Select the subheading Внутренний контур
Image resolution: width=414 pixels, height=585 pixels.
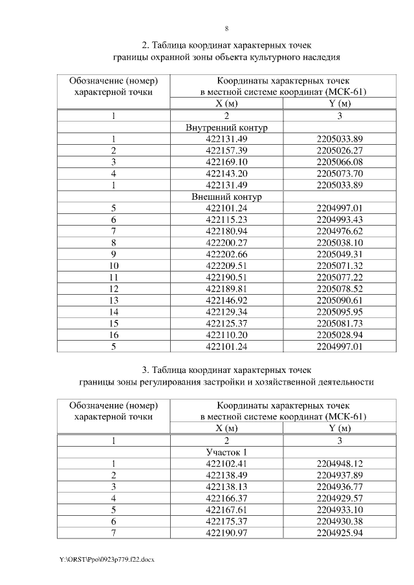click(226, 127)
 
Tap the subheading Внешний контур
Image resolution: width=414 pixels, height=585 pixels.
click(226, 196)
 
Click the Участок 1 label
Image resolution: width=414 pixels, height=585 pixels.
click(226, 452)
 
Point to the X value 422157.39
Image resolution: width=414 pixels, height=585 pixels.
click(226, 150)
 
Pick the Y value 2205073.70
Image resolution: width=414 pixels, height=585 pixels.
click(340, 173)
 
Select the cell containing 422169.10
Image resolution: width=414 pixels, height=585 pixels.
click(226, 162)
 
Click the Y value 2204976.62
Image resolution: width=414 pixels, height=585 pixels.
click(340, 231)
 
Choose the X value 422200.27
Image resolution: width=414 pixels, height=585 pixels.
click(226, 242)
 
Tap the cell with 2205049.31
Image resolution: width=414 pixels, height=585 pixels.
click(340, 254)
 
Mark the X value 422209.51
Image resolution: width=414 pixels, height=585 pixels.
click(226, 266)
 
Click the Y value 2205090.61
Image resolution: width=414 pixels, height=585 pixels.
click(340, 301)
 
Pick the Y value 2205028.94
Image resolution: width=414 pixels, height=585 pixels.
click(340, 335)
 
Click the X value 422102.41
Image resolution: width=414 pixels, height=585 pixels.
click(226, 463)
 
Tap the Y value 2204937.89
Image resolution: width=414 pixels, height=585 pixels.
click(340, 475)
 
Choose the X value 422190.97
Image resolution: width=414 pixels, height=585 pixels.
click(226, 533)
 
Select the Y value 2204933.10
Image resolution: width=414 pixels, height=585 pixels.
click(340, 509)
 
